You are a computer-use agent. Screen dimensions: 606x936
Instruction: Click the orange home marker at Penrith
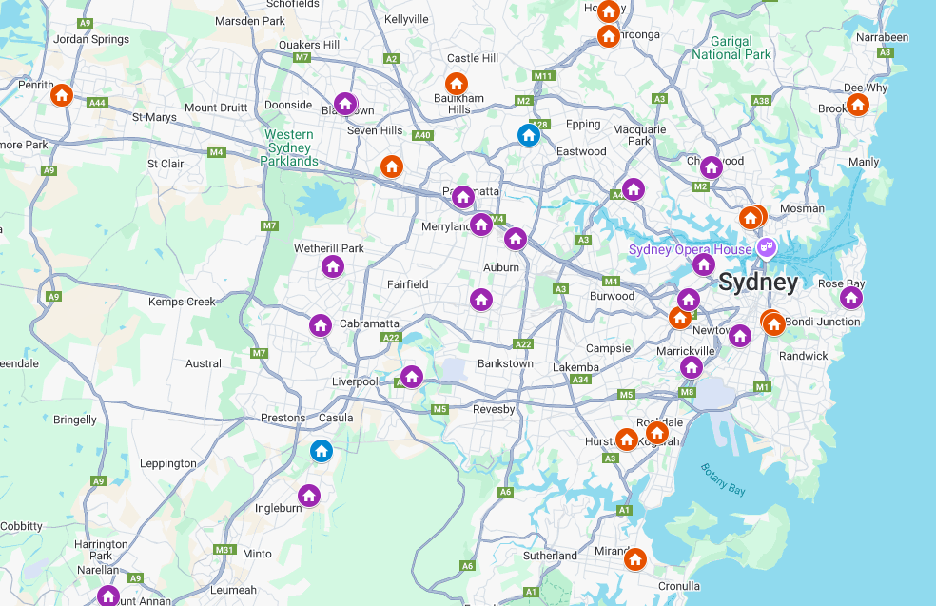62,94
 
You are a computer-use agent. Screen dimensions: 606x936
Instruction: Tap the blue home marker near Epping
529,135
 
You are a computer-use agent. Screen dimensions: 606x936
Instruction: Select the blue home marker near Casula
322,450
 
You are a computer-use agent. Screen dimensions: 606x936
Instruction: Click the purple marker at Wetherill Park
332,265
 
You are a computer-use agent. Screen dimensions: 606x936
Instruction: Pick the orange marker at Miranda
634,558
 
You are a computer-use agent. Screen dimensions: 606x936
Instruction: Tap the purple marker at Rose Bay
850,298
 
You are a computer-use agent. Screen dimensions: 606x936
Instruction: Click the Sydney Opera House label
691,249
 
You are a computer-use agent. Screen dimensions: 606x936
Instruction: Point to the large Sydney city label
758,283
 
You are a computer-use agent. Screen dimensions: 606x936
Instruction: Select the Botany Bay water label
723,479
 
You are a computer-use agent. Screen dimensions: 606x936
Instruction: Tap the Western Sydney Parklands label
290,147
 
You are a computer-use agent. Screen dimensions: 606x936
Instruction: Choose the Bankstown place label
505,363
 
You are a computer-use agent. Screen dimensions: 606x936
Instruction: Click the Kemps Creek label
182,302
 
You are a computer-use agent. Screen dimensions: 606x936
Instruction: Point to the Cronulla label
678,586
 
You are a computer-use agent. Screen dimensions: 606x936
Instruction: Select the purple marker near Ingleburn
308,495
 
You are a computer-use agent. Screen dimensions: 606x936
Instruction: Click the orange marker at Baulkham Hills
457,84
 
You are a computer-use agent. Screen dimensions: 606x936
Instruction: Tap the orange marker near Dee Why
857,104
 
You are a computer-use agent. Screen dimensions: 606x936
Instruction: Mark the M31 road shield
224,550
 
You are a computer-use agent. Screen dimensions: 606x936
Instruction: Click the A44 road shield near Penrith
96,102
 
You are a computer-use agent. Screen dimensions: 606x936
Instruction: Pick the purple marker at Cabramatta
320,325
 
